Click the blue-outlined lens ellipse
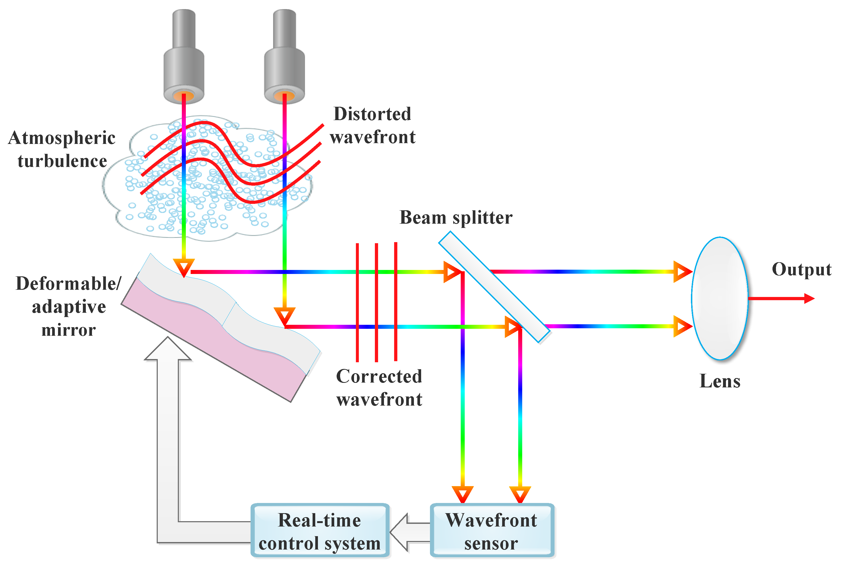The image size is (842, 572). click(x=719, y=298)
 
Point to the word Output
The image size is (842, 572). click(x=801, y=269)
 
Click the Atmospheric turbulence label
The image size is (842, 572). click(x=61, y=149)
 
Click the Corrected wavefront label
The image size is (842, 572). click(x=379, y=387)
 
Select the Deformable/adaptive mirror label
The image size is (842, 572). click(x=68, y=306)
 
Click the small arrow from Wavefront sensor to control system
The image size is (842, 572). click(x=407, y=532)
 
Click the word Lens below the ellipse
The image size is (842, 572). click(x=720, y=381)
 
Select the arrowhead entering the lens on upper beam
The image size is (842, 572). click(x=681, y=271)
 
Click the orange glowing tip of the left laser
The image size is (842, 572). click(x=184, y=96)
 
